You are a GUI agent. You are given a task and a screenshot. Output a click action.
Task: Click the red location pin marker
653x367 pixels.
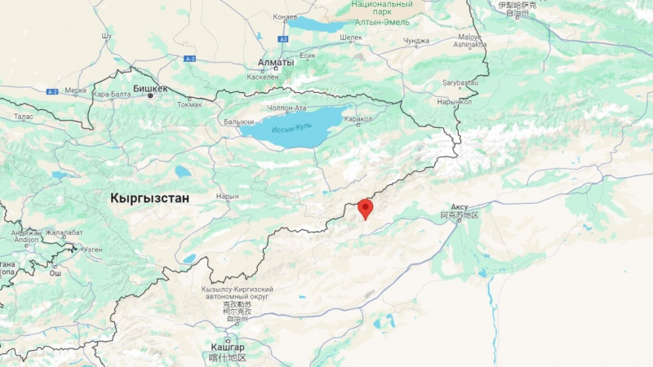pos(365,208)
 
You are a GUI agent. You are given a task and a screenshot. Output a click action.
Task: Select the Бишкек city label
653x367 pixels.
pos(150,88)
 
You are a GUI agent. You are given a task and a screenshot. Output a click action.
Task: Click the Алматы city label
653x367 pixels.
pos(276,62)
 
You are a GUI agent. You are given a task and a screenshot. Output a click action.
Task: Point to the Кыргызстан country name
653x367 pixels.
pos(149,198)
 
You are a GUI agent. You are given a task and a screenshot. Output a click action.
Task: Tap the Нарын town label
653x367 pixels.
pos(228,196)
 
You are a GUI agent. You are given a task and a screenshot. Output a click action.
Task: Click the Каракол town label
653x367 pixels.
pos(358,119)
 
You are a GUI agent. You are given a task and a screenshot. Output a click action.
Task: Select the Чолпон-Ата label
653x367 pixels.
pos(287,106)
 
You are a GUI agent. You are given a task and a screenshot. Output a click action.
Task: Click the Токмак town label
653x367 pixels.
pos(189,104)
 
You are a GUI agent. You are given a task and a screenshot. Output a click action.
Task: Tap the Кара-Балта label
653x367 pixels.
pos(112,94)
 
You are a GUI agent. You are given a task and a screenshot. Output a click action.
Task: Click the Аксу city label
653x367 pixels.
pos(460,207)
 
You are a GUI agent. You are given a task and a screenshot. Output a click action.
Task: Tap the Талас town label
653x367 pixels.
pos(24,117)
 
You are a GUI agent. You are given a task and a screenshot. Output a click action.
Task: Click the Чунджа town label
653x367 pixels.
pos(416,41)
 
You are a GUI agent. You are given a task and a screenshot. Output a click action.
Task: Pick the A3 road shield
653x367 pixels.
pos(283,38)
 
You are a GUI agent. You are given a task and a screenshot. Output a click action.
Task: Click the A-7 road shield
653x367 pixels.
pos(190,59)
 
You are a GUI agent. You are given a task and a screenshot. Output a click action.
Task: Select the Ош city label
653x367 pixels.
pos(56,273)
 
